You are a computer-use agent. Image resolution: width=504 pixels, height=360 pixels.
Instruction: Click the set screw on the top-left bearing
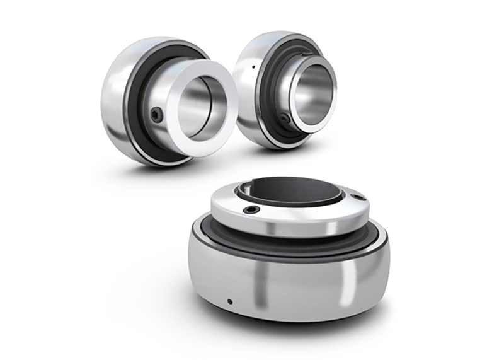[x=156, y=113]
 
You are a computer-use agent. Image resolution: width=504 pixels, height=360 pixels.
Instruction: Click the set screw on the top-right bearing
[x=285, y=118]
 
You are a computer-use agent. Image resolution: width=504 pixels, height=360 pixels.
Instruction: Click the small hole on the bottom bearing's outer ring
[x=230, y=300]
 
